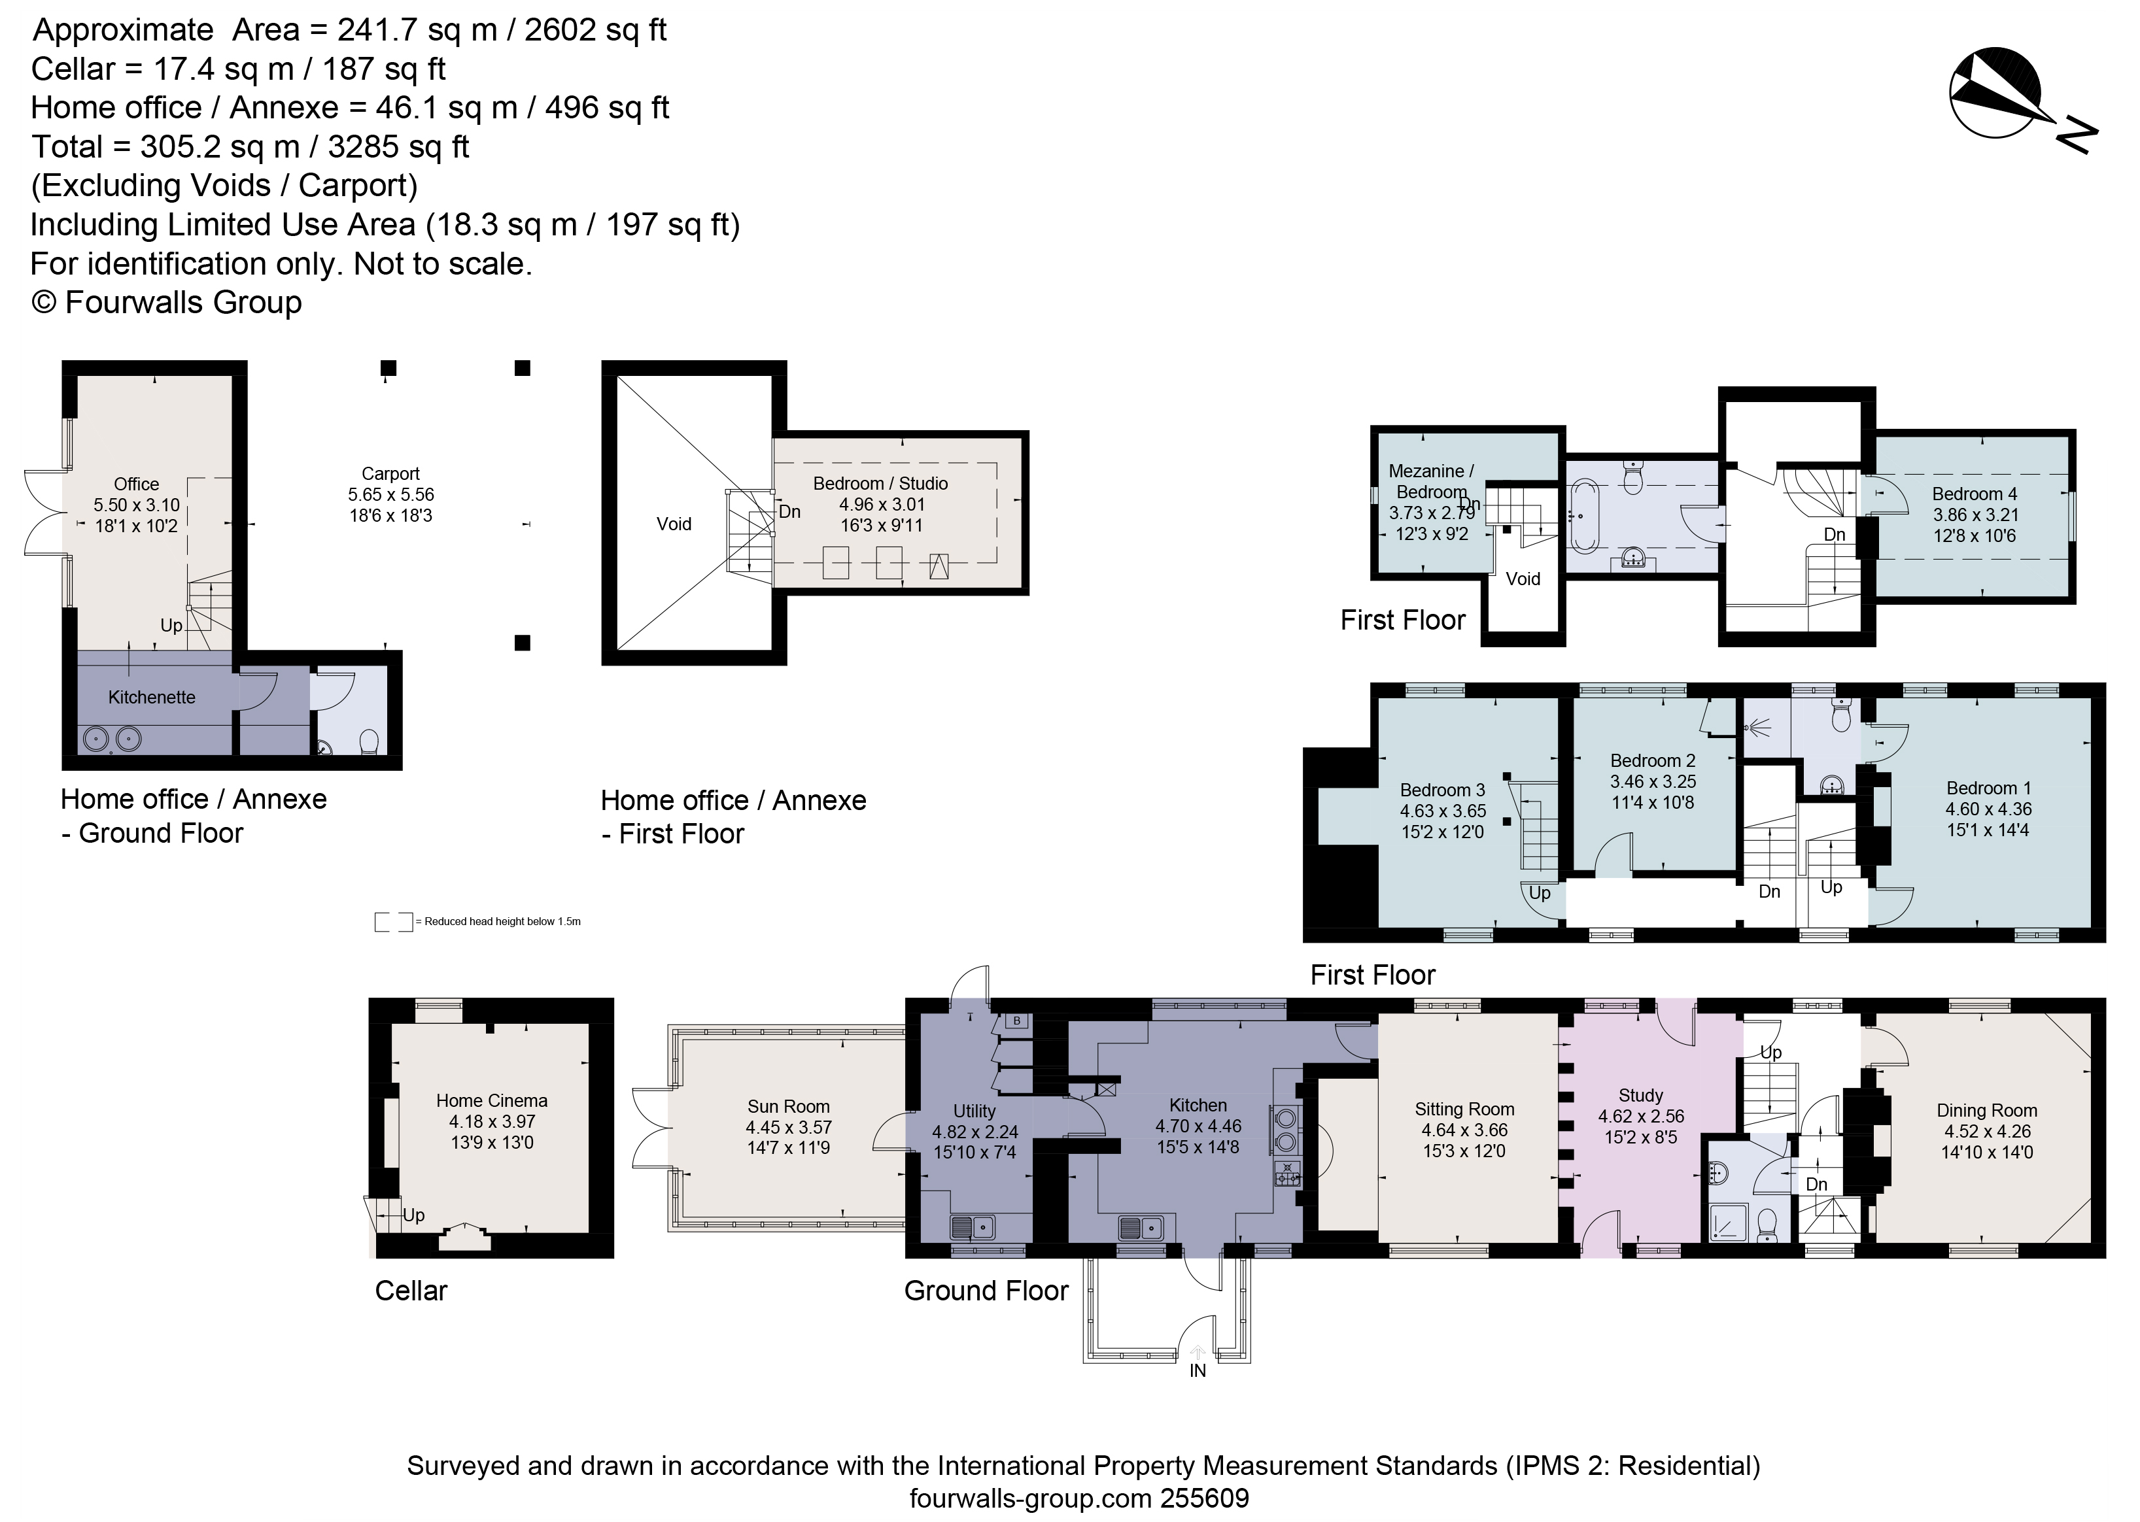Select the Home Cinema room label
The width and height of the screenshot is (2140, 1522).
491,1101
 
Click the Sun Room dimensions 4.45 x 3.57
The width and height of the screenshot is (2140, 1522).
788,1127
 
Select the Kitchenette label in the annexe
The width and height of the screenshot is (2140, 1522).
152,698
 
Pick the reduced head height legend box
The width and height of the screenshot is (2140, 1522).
393,922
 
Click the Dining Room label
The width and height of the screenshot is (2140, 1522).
1986,1111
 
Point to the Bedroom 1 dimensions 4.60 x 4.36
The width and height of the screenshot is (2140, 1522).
1987,809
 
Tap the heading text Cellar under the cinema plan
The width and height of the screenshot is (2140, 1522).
411,1291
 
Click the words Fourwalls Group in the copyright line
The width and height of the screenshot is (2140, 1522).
184,303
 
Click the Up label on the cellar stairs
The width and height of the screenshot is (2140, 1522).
413,1215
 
